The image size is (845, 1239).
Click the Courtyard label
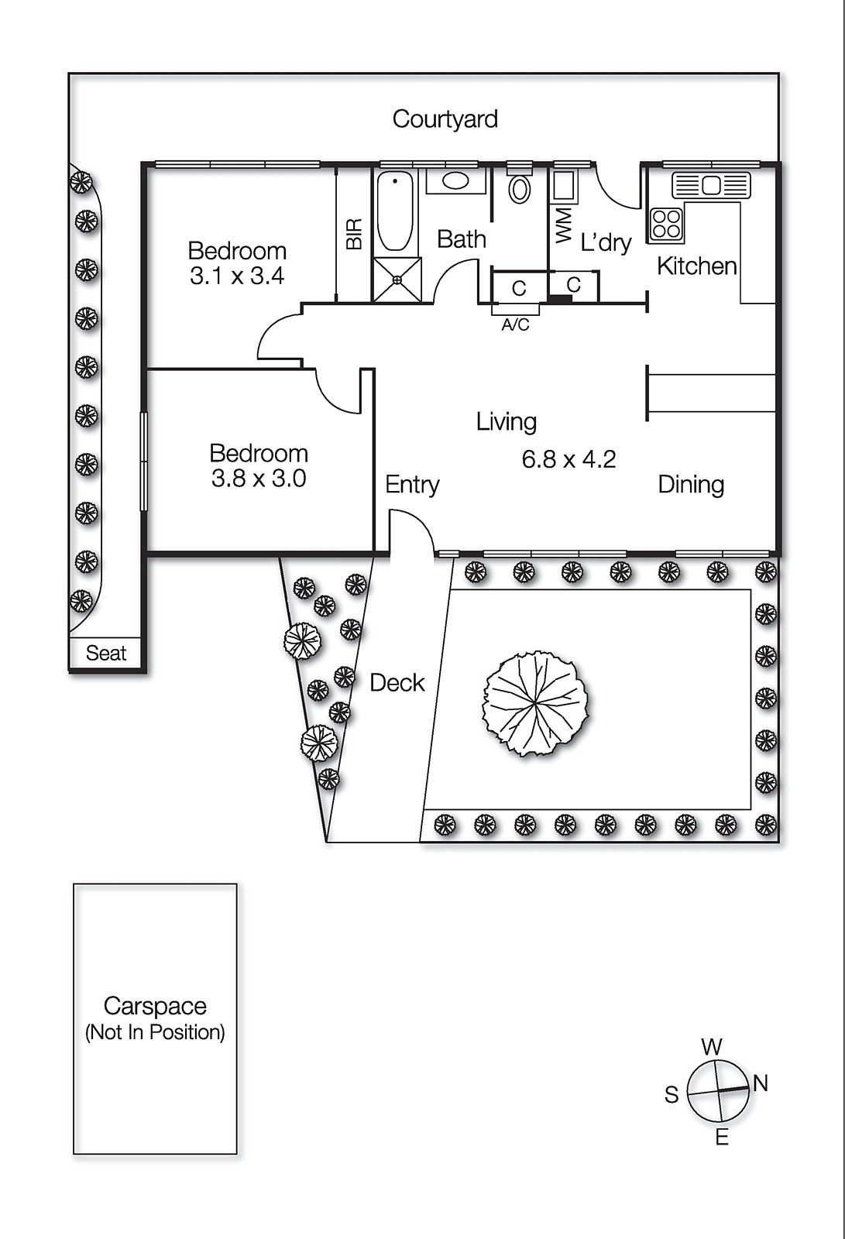445,119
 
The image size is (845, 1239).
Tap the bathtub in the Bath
395,212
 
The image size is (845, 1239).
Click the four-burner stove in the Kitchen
666,224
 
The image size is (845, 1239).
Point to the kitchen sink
711,185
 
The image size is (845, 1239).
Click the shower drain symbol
397,280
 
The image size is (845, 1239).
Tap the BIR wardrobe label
354,233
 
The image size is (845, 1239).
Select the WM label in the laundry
563,225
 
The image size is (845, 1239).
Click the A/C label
515,324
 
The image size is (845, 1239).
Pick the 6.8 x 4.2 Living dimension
568,459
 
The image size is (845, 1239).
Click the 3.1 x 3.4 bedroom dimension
238,276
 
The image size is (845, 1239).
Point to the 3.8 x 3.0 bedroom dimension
259,479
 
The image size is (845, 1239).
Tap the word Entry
412,485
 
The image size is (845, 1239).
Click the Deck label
397,683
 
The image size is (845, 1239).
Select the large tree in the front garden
535,704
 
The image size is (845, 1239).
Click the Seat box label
105,654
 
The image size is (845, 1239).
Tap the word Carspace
155,1006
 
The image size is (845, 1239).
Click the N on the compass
761,1083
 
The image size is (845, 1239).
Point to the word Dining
691,485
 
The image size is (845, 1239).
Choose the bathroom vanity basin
455,180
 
